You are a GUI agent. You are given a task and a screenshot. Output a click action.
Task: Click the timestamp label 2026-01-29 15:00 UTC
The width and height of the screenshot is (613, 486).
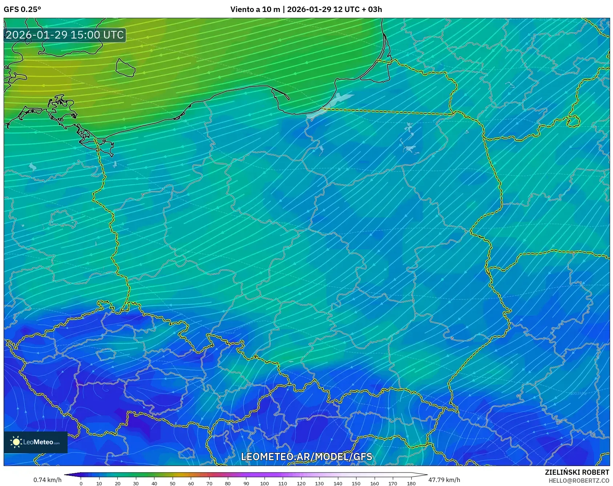click(x=65, y=35)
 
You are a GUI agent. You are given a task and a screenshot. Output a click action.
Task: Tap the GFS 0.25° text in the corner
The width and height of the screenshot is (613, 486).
click(x=22, y=9)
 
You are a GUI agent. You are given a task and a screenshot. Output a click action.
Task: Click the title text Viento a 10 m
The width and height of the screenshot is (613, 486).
click(x=255, y=9)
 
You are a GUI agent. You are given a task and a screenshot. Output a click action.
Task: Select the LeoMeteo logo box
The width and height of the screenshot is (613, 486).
click(x=36, y=442)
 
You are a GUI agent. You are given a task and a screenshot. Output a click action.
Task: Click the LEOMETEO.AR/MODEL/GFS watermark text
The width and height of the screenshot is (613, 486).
click(x=306, y=457)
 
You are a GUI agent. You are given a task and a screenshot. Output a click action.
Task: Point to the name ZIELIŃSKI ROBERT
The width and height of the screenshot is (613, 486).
click(x=577, y=472)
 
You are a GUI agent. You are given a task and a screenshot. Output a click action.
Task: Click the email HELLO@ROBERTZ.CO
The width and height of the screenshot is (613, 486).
click(x=578, y=481)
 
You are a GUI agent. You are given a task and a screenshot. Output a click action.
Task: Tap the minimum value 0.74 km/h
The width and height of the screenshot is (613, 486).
click(x=47, y=480)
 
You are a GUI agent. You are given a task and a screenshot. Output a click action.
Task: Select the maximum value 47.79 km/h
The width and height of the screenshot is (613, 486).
click(x=444, y=480)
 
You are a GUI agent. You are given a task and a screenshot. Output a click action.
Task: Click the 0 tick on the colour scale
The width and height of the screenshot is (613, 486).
click(x=81, y=483)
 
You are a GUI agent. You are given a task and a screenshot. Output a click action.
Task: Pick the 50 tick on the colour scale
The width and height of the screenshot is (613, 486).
click(x=173, y=483)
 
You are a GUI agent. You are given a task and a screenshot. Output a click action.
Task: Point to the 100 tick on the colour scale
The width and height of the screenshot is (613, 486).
click(x=264, y=483)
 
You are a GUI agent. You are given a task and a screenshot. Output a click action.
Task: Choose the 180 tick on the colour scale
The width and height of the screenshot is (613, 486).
click(x=411, y=483)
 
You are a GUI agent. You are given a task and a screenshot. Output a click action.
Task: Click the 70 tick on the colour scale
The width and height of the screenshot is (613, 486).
click(x=209, y=483)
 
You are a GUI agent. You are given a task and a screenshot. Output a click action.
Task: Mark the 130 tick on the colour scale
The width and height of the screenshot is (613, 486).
click(x=319, y=483)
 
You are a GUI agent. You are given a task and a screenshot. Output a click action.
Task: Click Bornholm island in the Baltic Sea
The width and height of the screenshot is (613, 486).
click(x=125, y=68)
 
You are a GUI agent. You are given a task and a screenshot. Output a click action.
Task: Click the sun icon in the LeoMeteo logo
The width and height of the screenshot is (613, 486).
click(x=16, y=442)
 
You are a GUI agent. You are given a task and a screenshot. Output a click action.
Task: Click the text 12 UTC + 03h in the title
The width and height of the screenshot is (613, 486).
click(x=358, y=9)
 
